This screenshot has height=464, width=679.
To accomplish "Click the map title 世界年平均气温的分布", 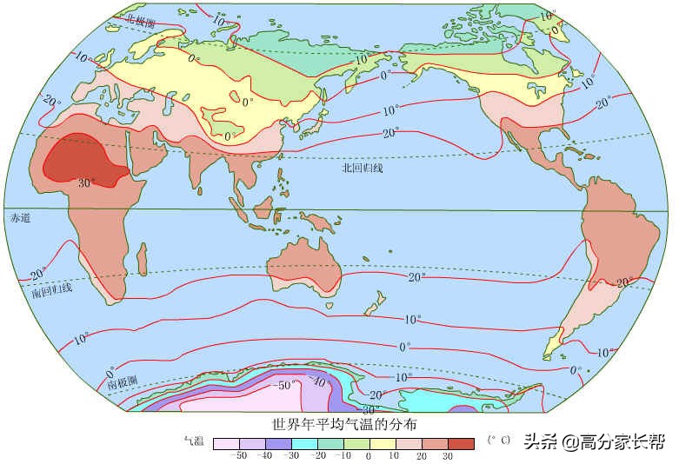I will pyautogui.click(x=345, y=425).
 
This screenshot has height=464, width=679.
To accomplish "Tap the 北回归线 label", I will pyautogui.click(x=362, y=169).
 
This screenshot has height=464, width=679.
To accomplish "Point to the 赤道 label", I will pyautogui.click(x=19, y=218).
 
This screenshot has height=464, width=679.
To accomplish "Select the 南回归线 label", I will pyautogui.click(x=51, y=290).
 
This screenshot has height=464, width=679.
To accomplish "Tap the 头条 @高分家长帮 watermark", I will pyautogui.click(x=596, y=442).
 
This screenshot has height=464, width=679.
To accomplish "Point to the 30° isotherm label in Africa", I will pyautogui.click(x=86, y=182).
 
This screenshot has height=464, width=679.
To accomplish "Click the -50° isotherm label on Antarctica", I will pyautogui.click(x=286, y=384).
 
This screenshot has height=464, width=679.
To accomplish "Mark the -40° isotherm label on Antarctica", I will pyautogui.click(x=318, y=381).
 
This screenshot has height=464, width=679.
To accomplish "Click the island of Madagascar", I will pyautogui.click(x=142, y=258).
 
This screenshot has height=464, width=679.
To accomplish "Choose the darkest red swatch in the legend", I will pyautogui.click(x=461, y=444).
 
